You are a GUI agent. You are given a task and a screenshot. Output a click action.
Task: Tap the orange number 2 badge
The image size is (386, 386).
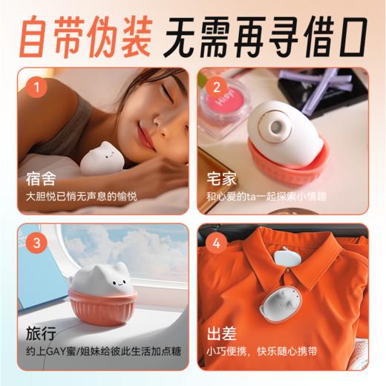point(217,86)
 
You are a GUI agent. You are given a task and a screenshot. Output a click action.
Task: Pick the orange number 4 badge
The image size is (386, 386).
point(217,243)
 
